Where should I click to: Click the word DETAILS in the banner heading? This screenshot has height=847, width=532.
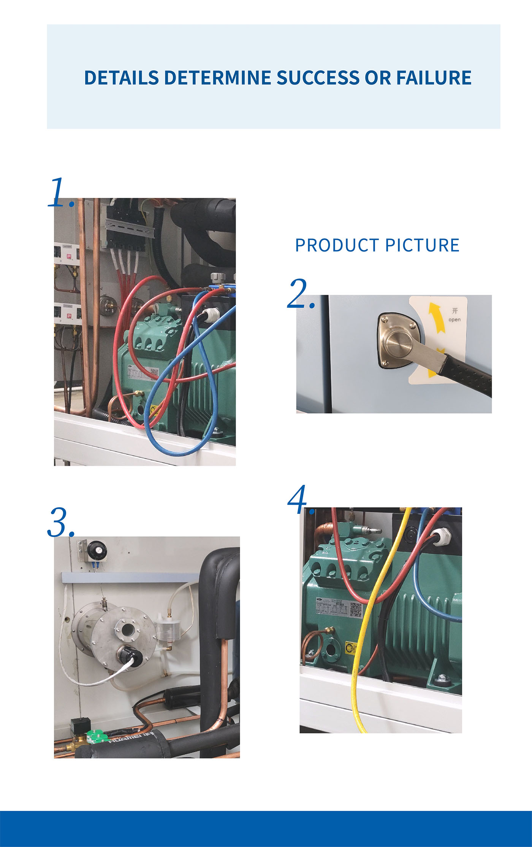(x=121, y=78)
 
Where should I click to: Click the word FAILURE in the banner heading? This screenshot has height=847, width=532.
(x=434, y=78)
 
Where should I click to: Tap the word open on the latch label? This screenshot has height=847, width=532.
(x=454, y=319)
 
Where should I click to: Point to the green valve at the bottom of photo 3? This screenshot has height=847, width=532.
(x=97, y=736)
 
